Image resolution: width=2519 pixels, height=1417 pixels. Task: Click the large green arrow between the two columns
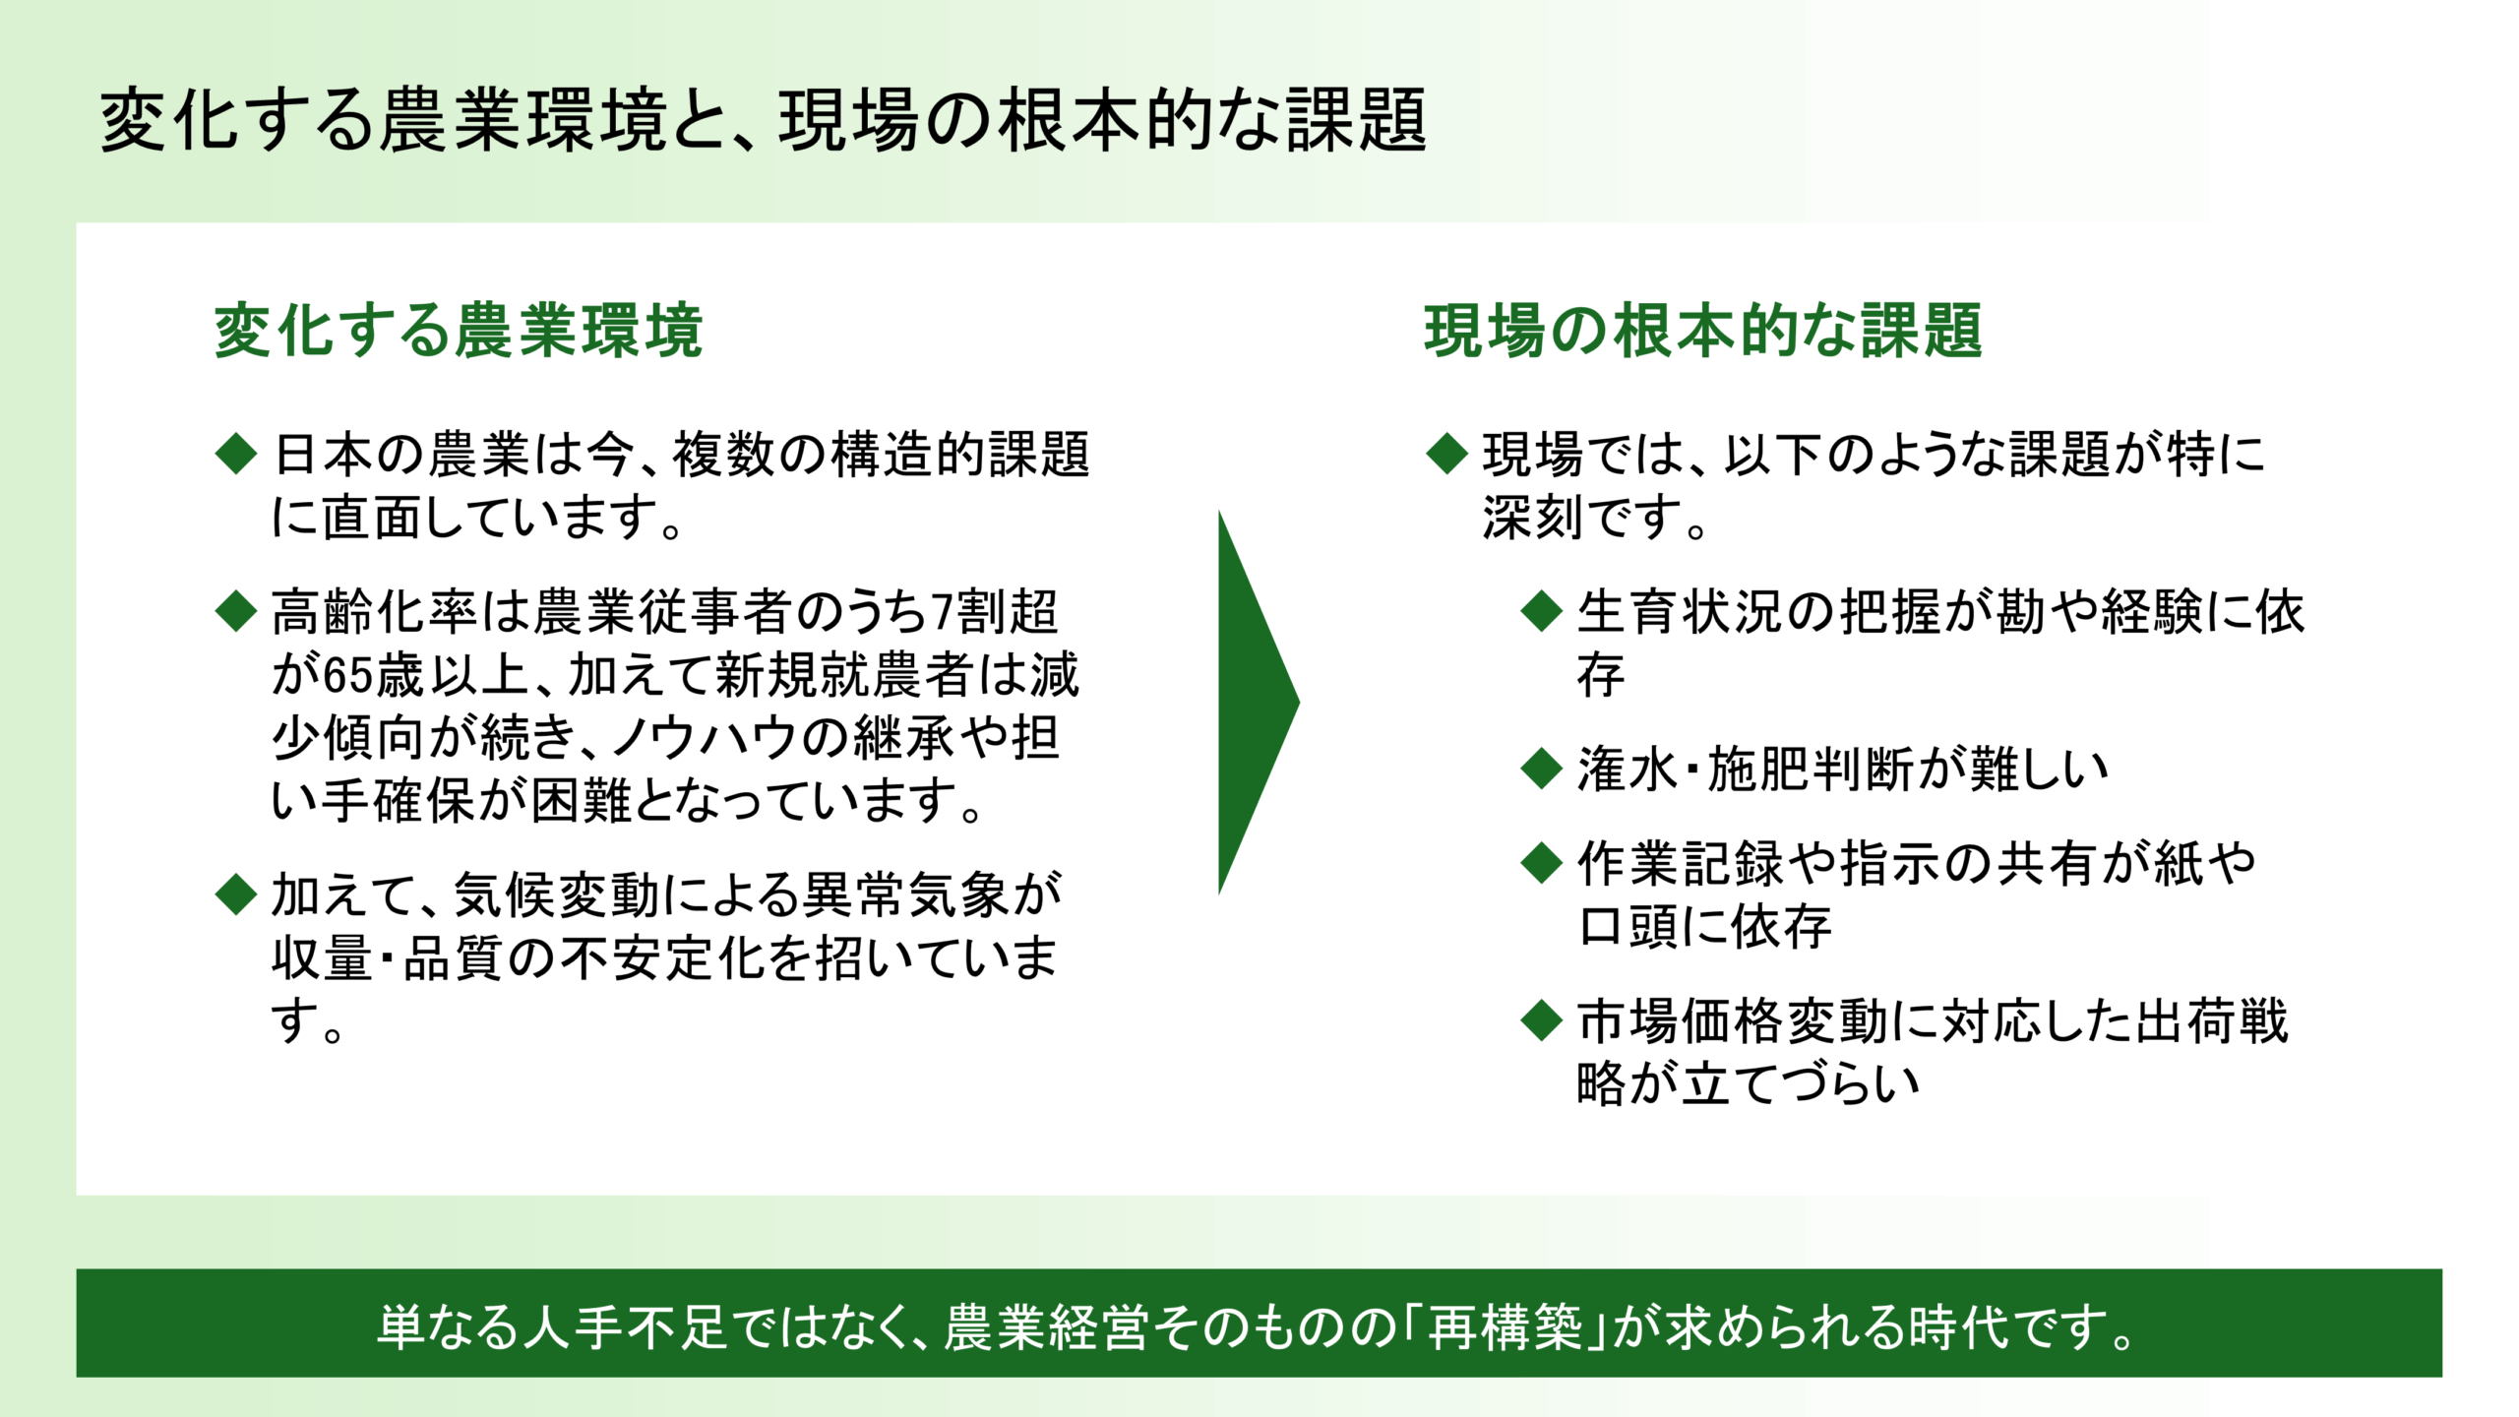tap(1255, 703)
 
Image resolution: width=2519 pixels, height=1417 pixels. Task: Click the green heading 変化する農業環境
tap(459, 331)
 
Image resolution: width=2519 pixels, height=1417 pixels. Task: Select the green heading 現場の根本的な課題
tap(1702, 331)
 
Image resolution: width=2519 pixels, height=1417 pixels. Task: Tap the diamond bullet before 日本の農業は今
tap(236, 454)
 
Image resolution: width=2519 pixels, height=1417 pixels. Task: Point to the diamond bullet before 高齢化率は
tap(236, 611)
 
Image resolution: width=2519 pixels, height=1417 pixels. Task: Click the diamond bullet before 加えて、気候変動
tap(236, 894)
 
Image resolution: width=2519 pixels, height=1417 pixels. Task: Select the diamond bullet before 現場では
tap(1446, 454)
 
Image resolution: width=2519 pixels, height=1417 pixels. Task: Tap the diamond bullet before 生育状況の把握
tap(1541, 611)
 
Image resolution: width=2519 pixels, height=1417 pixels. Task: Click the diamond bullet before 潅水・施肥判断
tap(1541, 769)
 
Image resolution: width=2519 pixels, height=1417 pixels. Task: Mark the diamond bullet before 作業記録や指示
tap(1541, 863)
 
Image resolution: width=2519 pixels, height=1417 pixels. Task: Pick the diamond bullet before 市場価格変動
tap(1541, 1020)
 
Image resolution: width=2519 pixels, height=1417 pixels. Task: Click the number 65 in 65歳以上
tap(349, 676)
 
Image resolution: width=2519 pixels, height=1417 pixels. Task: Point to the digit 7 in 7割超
tap(942, 613)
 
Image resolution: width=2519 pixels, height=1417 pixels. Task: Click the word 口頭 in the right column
tap(1628, 927)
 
